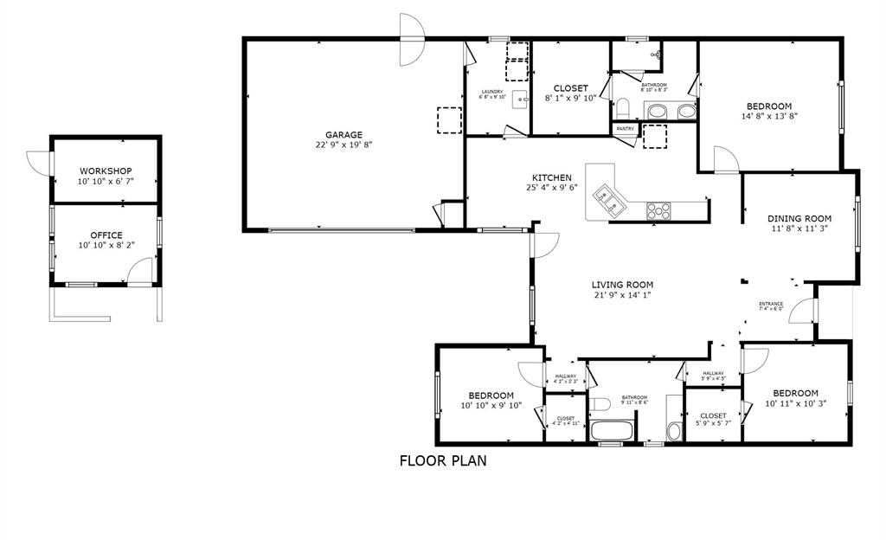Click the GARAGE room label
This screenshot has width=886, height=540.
coord(343,134)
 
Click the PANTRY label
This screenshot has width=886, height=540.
coord(626,129)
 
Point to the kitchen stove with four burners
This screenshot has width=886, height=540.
coord(658,209)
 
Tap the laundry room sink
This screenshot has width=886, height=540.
coord(520,99)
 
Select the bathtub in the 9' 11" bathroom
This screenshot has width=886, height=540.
coord(613,430)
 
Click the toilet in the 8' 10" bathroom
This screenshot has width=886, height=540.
coord(621,108)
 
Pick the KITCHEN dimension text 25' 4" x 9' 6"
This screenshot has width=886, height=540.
coord(551,188)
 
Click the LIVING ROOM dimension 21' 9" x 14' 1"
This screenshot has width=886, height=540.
coord(621,295)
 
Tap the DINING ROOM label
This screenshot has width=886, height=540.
coord(800,218)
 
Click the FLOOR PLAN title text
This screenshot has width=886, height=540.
coord(442,460)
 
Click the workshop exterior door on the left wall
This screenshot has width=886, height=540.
coord(39,162)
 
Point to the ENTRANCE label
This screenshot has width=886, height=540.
coord(771,304)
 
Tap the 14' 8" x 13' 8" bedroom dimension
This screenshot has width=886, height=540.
coord(769,116)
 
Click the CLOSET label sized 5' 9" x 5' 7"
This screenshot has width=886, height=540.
coord(713,416)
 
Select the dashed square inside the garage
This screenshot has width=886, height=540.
coord(449,119)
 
